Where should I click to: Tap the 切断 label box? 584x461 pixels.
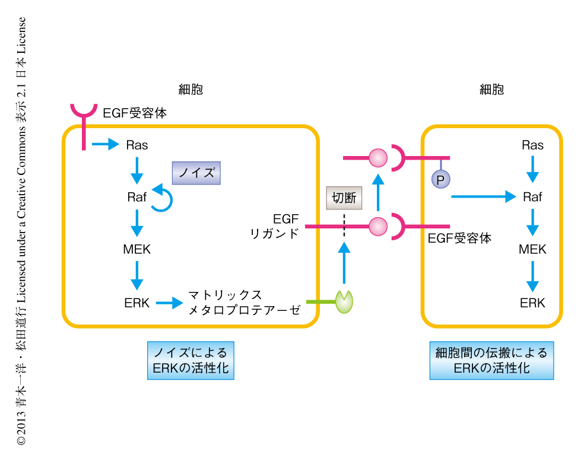(x=344, y=198)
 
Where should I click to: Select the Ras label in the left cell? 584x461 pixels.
(x=137, y=144)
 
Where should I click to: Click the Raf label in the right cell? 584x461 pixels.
(x=532, y=197)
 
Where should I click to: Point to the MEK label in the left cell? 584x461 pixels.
(x=137, y=249)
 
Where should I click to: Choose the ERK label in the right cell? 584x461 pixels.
(x=532, y=303)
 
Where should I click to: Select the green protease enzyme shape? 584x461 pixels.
(x=344, y=301)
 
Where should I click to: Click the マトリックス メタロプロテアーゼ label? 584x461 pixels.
(x=244, y=302)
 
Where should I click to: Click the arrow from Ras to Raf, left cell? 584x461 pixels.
(x=137, y=170)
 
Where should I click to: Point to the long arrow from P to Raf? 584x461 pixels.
(x=483, y=196)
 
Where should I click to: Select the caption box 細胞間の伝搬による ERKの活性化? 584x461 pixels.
(x=491, y=360)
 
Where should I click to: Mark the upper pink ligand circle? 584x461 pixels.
(x=378, y=158)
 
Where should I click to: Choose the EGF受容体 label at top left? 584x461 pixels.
(x=135, y=112)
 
